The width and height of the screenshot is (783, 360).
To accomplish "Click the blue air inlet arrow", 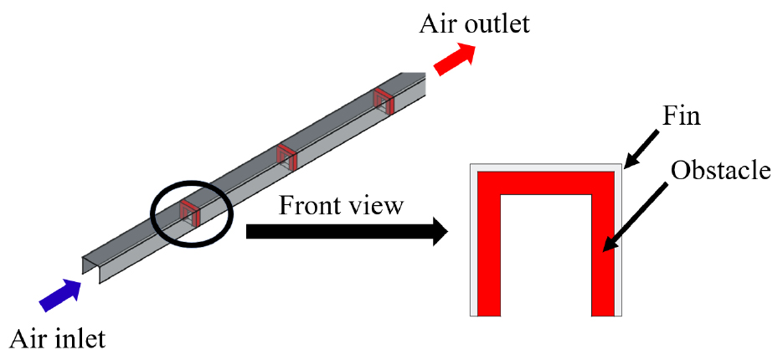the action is tap(61, 295).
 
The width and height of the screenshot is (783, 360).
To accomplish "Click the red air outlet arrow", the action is tap(454, 59).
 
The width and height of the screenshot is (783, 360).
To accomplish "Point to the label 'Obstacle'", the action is tap(720, 170).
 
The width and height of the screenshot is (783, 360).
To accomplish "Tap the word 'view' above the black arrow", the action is tap(379, 206).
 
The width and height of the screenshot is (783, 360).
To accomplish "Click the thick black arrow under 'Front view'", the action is tap(347, 232).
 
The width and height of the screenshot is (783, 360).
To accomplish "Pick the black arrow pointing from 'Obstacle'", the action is tap(635, 216).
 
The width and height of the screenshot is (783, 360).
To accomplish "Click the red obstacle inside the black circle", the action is tap(190, 213).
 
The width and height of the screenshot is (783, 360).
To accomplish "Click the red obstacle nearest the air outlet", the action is tap(384, 100).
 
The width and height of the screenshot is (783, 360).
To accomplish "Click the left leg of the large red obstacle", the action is tap(489, 244).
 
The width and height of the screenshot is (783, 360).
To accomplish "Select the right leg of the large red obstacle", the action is tap(603, 244).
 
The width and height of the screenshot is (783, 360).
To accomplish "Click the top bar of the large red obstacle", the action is tap(546, 183).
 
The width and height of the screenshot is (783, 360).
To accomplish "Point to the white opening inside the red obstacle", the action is tap(546, 255).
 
